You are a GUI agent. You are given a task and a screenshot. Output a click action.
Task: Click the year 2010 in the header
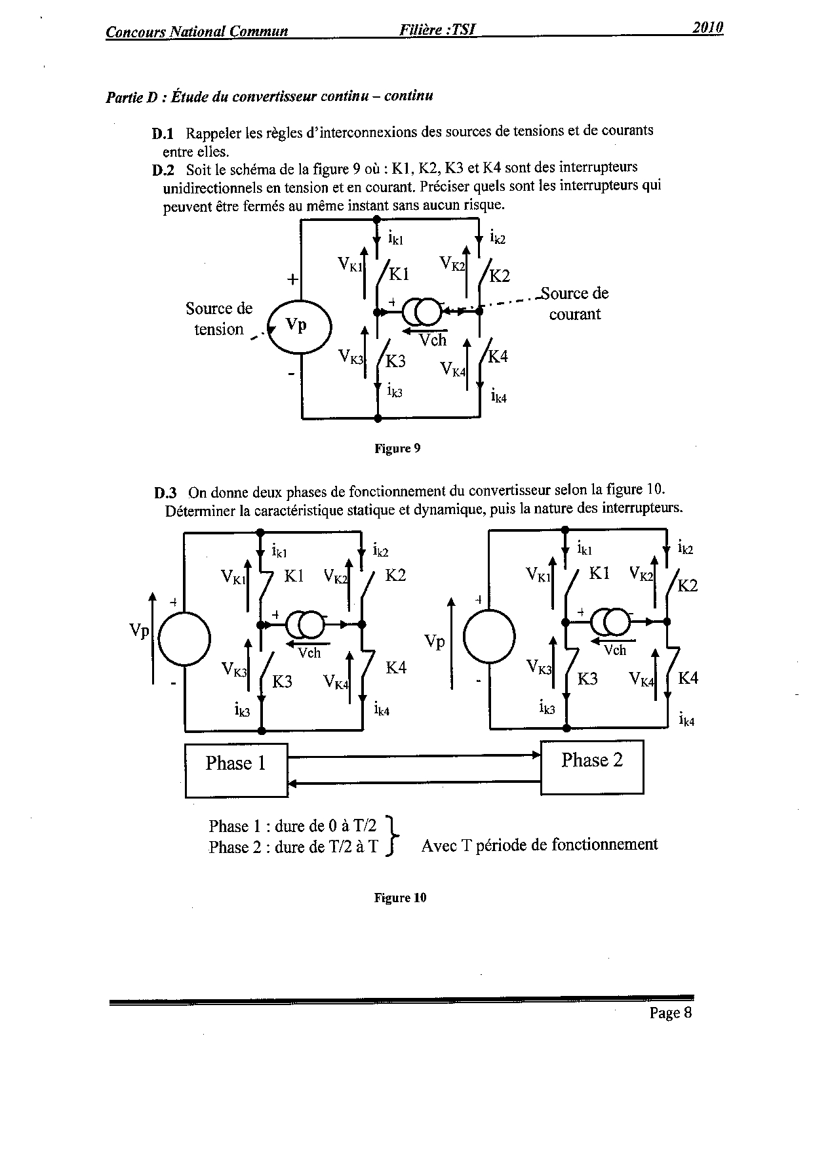(707, 28)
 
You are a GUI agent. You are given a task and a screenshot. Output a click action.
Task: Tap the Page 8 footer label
(670, 1013)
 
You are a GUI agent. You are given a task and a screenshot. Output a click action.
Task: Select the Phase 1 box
(236, 770)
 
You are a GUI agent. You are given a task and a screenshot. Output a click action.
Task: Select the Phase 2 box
(591, 767)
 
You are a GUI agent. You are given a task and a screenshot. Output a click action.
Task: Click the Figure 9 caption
(397, 448)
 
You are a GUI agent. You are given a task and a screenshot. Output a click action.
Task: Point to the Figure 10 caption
(400, 898)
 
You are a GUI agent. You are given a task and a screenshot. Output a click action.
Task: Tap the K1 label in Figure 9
(399, 273)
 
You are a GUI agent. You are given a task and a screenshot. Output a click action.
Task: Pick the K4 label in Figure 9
(498, 357)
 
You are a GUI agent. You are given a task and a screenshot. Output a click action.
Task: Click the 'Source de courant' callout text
(575, 304)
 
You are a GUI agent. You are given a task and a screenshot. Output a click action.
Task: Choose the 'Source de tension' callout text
(218, 319)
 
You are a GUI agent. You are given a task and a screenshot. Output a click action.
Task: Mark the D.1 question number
(163, 134)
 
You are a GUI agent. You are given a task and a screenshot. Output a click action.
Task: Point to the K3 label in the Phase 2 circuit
(587, 679)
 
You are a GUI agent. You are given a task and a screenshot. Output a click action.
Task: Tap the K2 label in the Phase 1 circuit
(395, 575)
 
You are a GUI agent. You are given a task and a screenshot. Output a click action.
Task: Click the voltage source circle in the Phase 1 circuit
(184, 637)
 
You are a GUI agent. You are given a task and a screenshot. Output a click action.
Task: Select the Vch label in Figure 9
(433, 340)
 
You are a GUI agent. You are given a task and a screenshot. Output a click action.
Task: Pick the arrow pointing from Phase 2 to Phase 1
(414, 782)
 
